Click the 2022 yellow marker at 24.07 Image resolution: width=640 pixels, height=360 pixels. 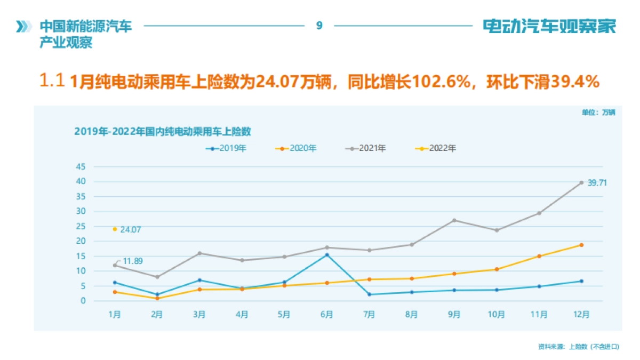point(115,229)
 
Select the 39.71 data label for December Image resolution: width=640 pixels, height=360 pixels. point(597,182)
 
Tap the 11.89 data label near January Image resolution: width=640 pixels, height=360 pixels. point(133,261)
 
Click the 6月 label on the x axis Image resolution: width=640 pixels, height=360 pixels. point(326,314)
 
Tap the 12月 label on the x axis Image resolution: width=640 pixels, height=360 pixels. point(581,314)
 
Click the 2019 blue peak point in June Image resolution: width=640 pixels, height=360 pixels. point(327,254)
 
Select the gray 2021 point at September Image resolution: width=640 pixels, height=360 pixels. point(454,220)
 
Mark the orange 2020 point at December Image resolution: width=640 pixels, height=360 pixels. point(581,245)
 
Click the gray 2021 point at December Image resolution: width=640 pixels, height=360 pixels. point(581,182)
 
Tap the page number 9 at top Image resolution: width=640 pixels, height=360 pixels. point(319,25)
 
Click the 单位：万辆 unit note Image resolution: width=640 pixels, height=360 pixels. point(598,113)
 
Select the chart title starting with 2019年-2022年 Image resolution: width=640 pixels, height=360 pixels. point(163,131)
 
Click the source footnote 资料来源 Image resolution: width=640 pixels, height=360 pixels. point(579,347)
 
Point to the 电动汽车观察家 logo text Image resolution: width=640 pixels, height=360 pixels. point(549,26)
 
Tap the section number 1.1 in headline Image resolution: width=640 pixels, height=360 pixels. point(52,81)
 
